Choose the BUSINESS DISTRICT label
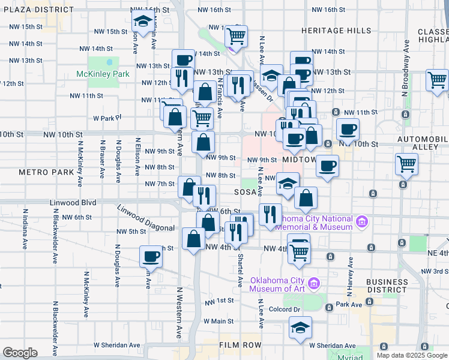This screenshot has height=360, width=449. coord(387,286)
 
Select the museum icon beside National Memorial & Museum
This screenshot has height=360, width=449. coord(361,222)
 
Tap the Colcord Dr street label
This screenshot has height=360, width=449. coord(285,310)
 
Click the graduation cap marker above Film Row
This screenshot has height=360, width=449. coord(300,328)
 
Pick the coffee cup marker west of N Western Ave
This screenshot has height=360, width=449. coord(151,257)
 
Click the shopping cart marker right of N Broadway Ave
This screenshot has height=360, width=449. coord(437,80)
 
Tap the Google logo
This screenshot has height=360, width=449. coord(20,353)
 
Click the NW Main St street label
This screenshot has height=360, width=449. coord(218,321)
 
